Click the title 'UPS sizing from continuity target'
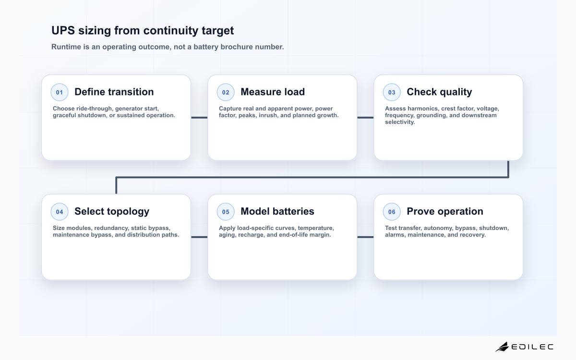[143, 31]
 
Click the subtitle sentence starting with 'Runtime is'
[168, 47]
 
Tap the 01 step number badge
[60, 92]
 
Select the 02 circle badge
[226, 92]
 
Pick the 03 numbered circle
[392, 92]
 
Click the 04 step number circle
[60, 212]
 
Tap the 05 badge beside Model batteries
[226, 212]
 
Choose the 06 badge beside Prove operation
[392, 212]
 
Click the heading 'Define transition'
[114, 92]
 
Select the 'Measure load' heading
[273, 92]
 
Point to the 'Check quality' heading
[439, 92]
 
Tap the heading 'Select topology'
[112, 212]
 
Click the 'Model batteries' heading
[277, 211]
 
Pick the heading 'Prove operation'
[445, 212]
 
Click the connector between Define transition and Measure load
[199, 118]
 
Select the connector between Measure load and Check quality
[365, 118]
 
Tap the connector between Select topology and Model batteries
[199, 237]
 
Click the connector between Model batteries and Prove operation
[365, 237]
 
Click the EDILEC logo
[524, 347]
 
